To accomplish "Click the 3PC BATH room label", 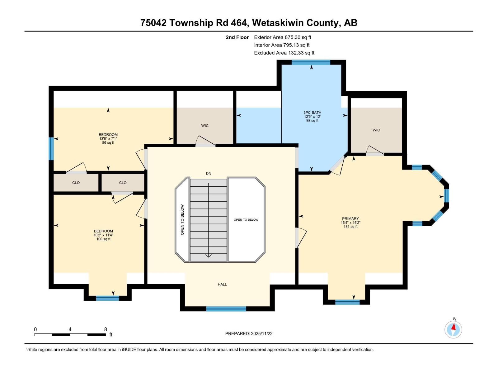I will pos(312,113).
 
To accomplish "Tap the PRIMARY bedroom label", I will pos(350,218).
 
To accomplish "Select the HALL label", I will pos(222,284).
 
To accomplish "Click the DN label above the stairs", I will pos(209,173).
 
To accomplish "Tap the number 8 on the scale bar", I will pos(106,329).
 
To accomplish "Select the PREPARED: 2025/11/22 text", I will pos(249,333).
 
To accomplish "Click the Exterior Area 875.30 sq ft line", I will pos(282,37).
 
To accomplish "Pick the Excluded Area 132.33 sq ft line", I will pos(284,53).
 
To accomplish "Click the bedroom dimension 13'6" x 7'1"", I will pos(108,139).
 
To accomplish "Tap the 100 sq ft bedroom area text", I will pos(103,239).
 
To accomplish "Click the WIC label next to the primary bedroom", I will pos(376,130).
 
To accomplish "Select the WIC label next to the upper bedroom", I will pos(205,126).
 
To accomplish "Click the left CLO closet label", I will pos(76,183).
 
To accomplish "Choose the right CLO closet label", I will pos(123,183).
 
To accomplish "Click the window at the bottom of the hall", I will pos(226,309).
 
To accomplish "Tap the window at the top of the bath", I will pos(311,62).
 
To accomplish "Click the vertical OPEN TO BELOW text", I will pos(182,219).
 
